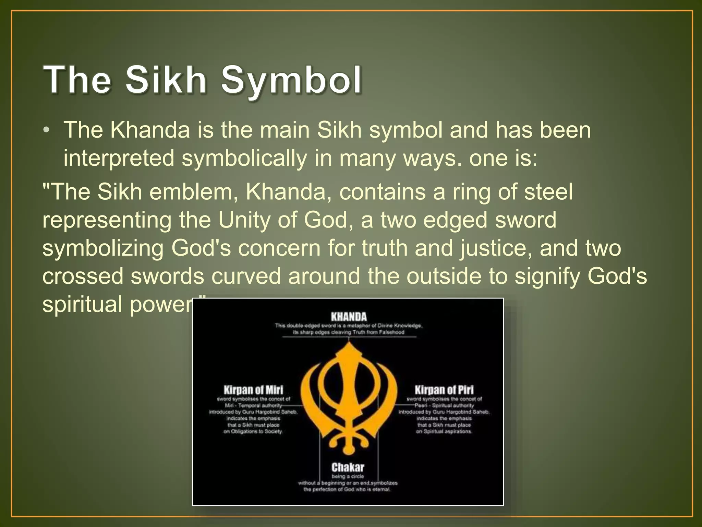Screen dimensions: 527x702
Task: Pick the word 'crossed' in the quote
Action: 83,276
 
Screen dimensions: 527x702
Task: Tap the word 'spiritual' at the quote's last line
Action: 82,304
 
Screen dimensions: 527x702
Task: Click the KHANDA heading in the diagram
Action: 349,316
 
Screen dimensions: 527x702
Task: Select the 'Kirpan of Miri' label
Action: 253,390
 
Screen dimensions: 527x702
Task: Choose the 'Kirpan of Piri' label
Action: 444,390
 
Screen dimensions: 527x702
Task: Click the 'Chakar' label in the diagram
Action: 348,467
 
